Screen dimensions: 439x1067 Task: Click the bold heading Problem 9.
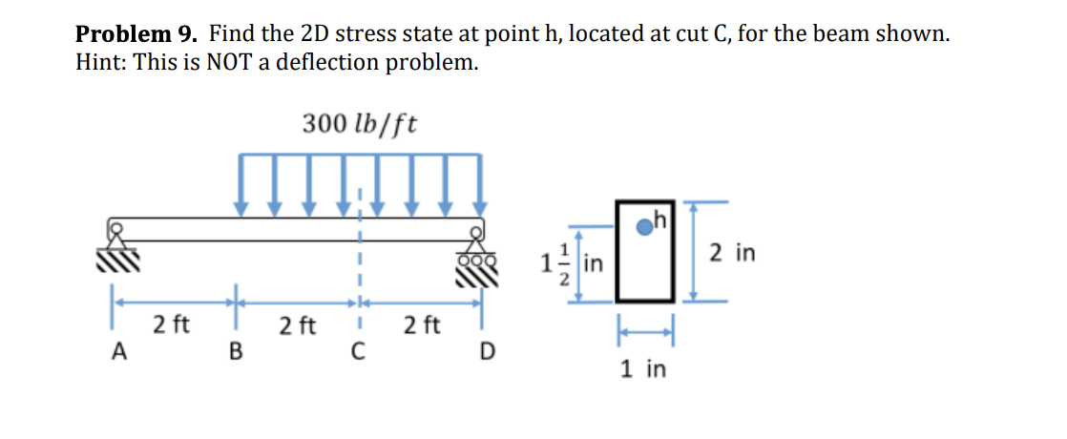(x=137, y=35)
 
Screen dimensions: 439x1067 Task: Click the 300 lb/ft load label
(x=359, y=124)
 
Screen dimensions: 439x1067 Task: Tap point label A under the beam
(x=119, y=351)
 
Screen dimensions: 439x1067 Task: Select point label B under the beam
(x=234, y=352)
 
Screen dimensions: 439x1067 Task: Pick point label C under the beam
(x=356, y=352)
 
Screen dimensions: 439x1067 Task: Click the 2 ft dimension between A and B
(x=171, y=325)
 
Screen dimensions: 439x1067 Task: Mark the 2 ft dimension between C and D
(x=421, y=325)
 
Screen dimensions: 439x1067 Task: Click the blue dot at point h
(x=646, y=225)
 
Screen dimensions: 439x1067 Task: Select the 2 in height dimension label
(x=734, y=253)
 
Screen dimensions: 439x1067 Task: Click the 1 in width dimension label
(x=643, y=368)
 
